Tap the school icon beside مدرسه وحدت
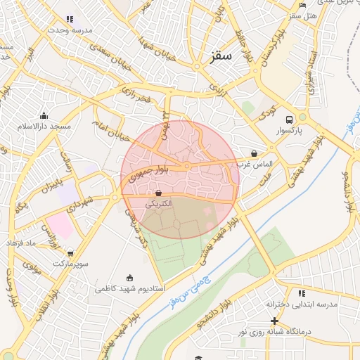70,20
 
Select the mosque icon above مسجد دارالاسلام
44,115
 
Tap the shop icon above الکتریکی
158,192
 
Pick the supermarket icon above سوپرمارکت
70,252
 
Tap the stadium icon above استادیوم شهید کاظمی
129,278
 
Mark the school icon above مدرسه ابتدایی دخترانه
302,293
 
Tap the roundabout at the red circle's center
187,166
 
